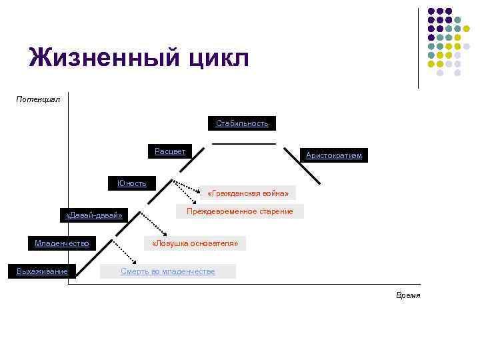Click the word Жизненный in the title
click(x=101, y=58)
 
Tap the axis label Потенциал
click(x=38, y=99)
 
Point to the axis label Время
click(x=408, y=295)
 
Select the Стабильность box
click(x=242, y=123)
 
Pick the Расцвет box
click(x=170, y=151)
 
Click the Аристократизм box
click(x=333, y=155)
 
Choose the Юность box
click(x=132, y=183)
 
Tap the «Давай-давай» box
click(x=94, y=215)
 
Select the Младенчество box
click(x=62, y=243)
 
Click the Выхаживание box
click(x=42, y=270)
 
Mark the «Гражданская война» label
click(x=248, y=193)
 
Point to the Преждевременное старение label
click(x=239, y=211)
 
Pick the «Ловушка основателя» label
click(x=195, y=243)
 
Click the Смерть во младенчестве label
click(x=168, y=271)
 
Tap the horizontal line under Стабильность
click(x=243, y=143)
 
